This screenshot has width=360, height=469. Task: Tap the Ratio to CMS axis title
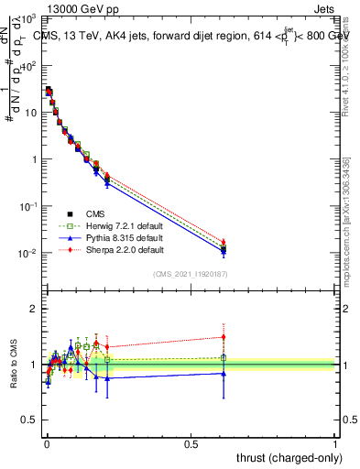coord(12,365)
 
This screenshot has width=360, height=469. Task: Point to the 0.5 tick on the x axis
coord(191,443)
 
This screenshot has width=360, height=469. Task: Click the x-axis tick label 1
coord(336,443)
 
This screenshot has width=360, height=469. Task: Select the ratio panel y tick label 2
coord(34,310)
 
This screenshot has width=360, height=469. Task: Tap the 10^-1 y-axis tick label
coord(28,206)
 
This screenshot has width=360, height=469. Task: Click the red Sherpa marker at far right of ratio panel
coord(223,337)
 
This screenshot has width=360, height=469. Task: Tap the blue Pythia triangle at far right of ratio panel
coord(223,373)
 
